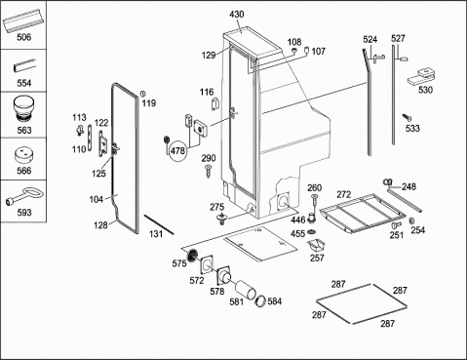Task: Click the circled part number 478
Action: [177, 151]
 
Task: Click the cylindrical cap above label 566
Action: [24, 156]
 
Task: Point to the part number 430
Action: [237, 15]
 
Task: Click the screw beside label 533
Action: [407, 117]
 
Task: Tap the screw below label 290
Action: [208, 171]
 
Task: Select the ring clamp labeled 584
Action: [260, 300]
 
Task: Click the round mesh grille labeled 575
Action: [192, 255]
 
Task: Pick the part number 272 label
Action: [343, 194]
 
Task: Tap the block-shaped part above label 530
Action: [421, 76]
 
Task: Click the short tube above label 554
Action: [23, 65]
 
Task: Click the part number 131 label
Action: [156, 234]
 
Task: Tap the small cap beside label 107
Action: [306, 50]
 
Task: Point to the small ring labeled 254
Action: [412, 220]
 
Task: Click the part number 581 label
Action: [236, 301]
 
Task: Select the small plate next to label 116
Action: [215, 103]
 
